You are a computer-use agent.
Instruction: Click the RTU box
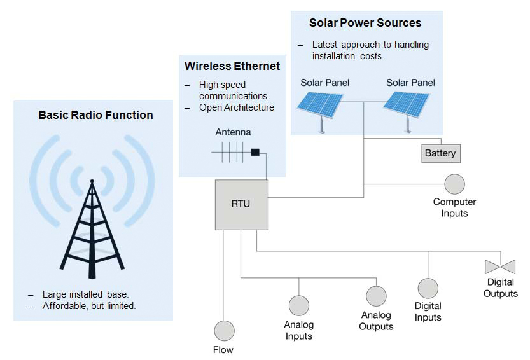[241, 204]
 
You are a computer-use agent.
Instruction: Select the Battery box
[440, 153]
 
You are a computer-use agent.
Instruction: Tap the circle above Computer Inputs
[454, 184]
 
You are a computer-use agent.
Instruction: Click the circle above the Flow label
[224, 331]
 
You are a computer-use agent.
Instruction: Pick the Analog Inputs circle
[298, 306]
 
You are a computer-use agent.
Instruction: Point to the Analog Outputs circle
[376, 296]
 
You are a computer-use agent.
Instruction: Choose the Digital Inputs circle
[428, 288]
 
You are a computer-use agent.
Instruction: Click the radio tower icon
[92, 226]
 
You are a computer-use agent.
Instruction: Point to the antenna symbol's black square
[255, 153]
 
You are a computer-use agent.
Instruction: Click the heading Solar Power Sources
[365, 23]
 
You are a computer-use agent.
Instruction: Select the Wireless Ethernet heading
[232, 66]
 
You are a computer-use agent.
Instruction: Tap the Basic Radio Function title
[95, 115]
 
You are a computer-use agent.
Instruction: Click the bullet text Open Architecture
[236, 107]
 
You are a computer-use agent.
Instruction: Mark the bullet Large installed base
[85, 294]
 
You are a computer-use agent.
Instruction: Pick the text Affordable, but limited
[89, 306]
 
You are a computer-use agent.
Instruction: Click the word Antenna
[233, 132]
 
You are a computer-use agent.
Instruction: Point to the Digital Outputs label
[500, 287]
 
